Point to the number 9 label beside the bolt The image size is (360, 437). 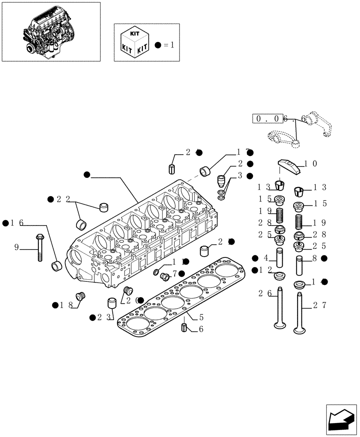[x=17, y=247]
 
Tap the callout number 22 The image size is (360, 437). [x=63, y=199]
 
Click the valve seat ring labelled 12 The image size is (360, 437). [x=279, y=276]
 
